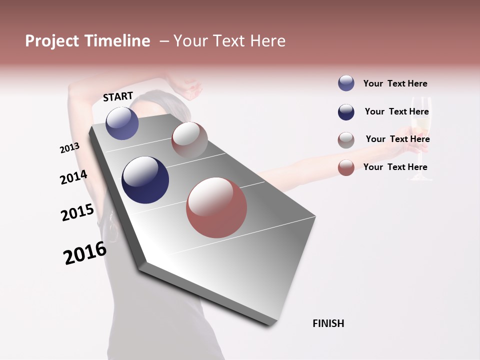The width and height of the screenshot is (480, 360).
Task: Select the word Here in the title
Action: [x=267, y=41]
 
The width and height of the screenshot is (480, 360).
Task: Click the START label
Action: [x=118, y=96]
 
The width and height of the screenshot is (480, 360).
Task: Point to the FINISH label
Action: [x=328, y=323]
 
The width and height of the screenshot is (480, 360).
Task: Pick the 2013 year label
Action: [x=70, y=147]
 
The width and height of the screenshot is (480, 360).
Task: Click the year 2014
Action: [x=73, y=177]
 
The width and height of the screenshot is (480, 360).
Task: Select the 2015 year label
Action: [x=77, y=212]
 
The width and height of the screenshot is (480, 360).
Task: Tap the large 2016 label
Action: [x=85, y=252]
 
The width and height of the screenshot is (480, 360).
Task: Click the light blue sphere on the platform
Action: [x=122, y=123]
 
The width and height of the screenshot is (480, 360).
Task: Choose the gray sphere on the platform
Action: [x=189, y=140]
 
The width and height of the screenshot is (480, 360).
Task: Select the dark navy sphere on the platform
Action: [x=145, y=180]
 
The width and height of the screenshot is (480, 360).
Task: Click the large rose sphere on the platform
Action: [x=216, y=207]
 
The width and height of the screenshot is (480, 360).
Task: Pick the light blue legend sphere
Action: [x=346, y=83]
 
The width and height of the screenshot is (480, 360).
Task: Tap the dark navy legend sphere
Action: [x=346, y=112]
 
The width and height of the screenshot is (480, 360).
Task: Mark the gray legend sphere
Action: [x=346, y=140]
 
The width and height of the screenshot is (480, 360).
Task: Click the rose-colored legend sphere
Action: [x=346, y=167]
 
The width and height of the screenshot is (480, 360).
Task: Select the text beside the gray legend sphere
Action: [x=397, y=139]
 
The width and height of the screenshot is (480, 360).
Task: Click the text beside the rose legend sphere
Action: [x=395, y=167]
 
